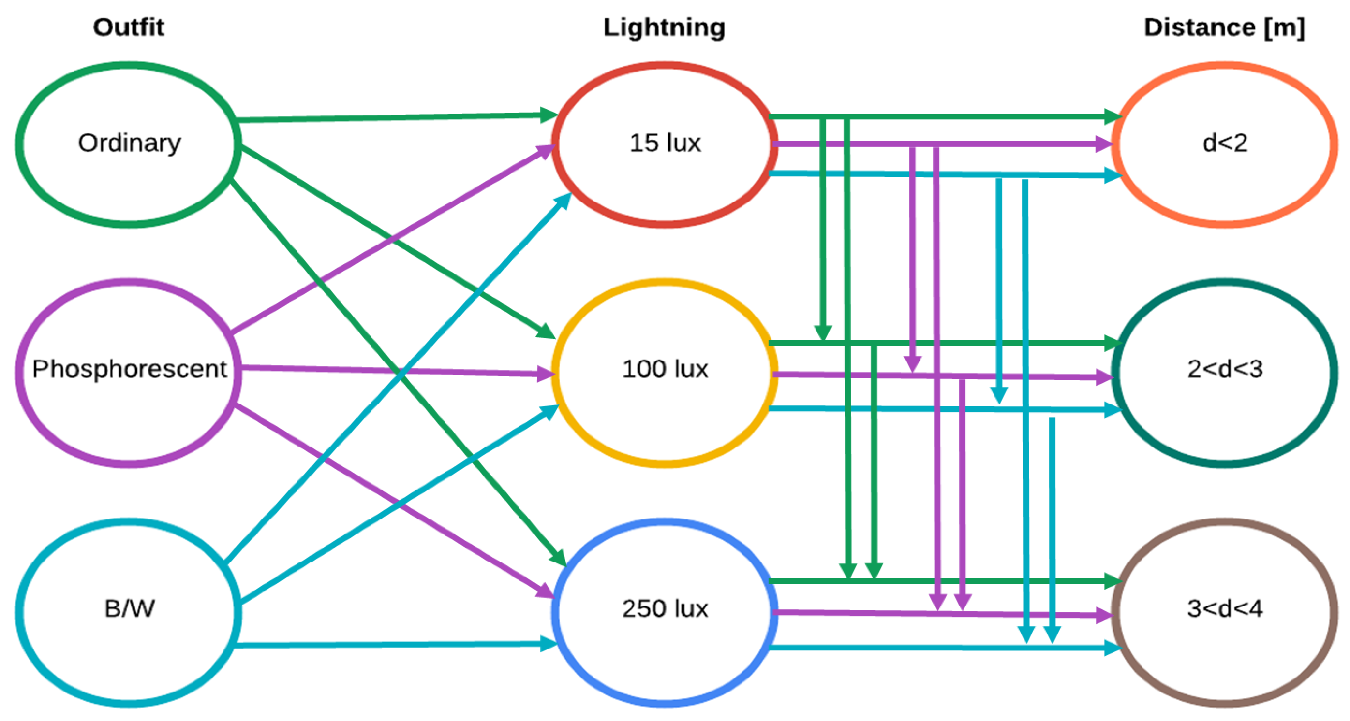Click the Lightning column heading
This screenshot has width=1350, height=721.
click(x=664, y=27)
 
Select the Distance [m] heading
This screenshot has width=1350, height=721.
click(x=1224, y=27)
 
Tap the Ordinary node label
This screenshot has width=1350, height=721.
click(x=129, y=143)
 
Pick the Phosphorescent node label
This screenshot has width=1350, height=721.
click(x=129, y=369)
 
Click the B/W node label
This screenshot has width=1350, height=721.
click(x=129, y=608)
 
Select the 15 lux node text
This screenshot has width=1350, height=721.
click(x=665, y=143)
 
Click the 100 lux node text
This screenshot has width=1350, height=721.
click(x=665, y=369)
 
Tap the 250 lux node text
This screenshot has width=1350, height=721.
click(x=665, y=608)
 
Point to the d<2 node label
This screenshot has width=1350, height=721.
click(x=1224, y=143)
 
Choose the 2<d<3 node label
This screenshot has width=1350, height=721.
click(x=1224, y=369)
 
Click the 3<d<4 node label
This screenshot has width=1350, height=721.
click(x=1224, y=608)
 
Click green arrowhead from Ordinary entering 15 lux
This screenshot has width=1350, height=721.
click(x=548, y=115)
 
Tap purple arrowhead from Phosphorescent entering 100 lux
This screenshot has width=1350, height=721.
click(x=546, y=374)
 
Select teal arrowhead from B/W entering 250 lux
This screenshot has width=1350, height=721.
click(x=548, y=644)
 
